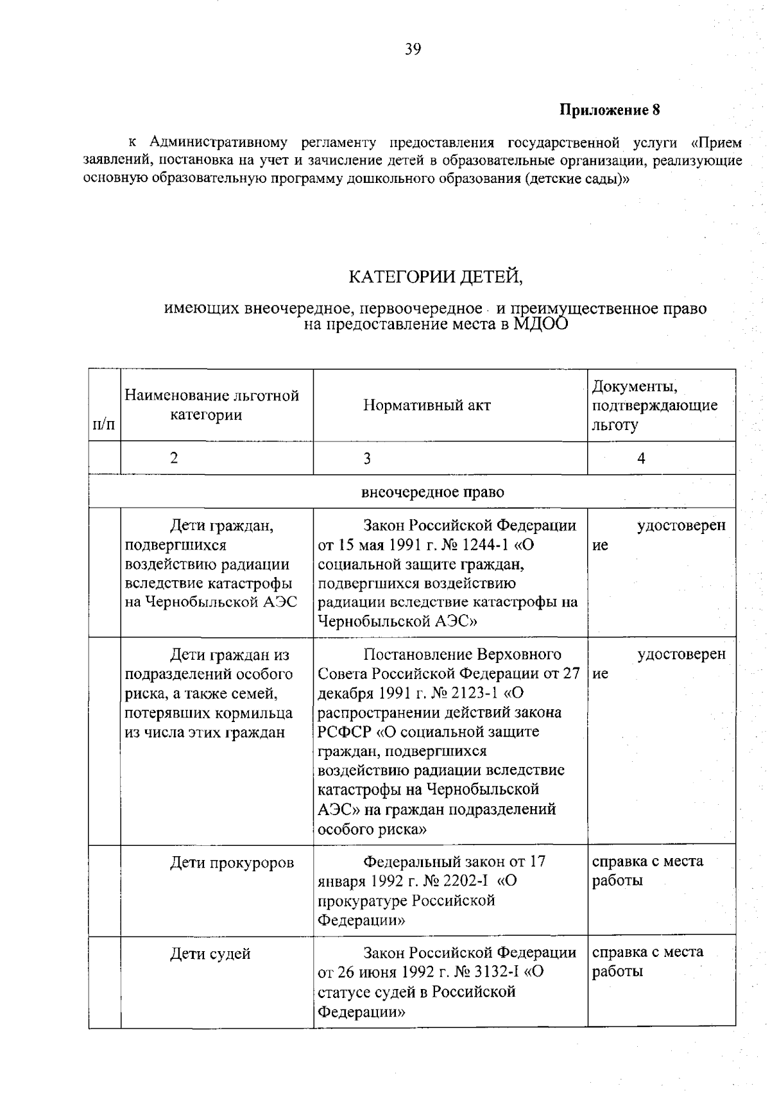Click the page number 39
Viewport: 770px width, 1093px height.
pos(413,49)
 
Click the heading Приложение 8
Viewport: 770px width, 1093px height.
pos(610,110)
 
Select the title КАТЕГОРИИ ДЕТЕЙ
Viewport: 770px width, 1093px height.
pos(436,277)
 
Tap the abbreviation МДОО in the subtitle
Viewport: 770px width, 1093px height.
pos(540,324)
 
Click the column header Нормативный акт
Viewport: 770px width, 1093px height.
pos(427,405)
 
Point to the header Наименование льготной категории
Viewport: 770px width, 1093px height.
pos(212,405)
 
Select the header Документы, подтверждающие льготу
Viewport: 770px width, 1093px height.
pos(654,405)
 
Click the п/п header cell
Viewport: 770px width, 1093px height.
pos(104,424)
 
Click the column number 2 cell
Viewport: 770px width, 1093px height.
pos(174,458)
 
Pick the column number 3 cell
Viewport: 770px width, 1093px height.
pos(367,458)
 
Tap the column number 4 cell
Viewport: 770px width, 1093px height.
pos(641,458)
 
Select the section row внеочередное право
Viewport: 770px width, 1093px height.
pos(432,492)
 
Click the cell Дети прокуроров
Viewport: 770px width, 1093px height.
pos(232,863)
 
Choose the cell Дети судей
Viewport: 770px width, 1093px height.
pos(210,954)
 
